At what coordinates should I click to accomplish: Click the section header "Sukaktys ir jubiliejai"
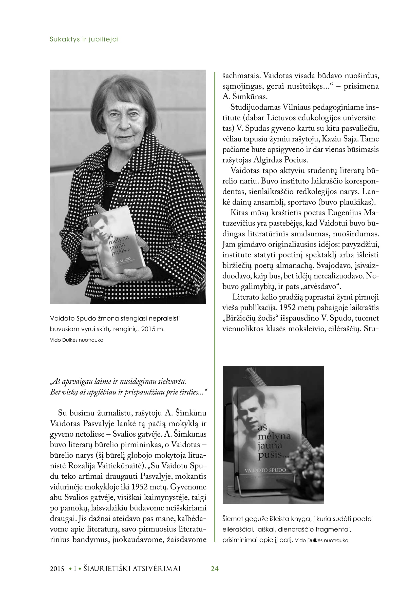click(84, 39)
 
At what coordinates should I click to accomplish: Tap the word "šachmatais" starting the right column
click(241, 76)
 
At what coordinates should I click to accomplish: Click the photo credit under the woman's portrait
click(77, 340)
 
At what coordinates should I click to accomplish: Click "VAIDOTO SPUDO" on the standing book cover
click(265, 470)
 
